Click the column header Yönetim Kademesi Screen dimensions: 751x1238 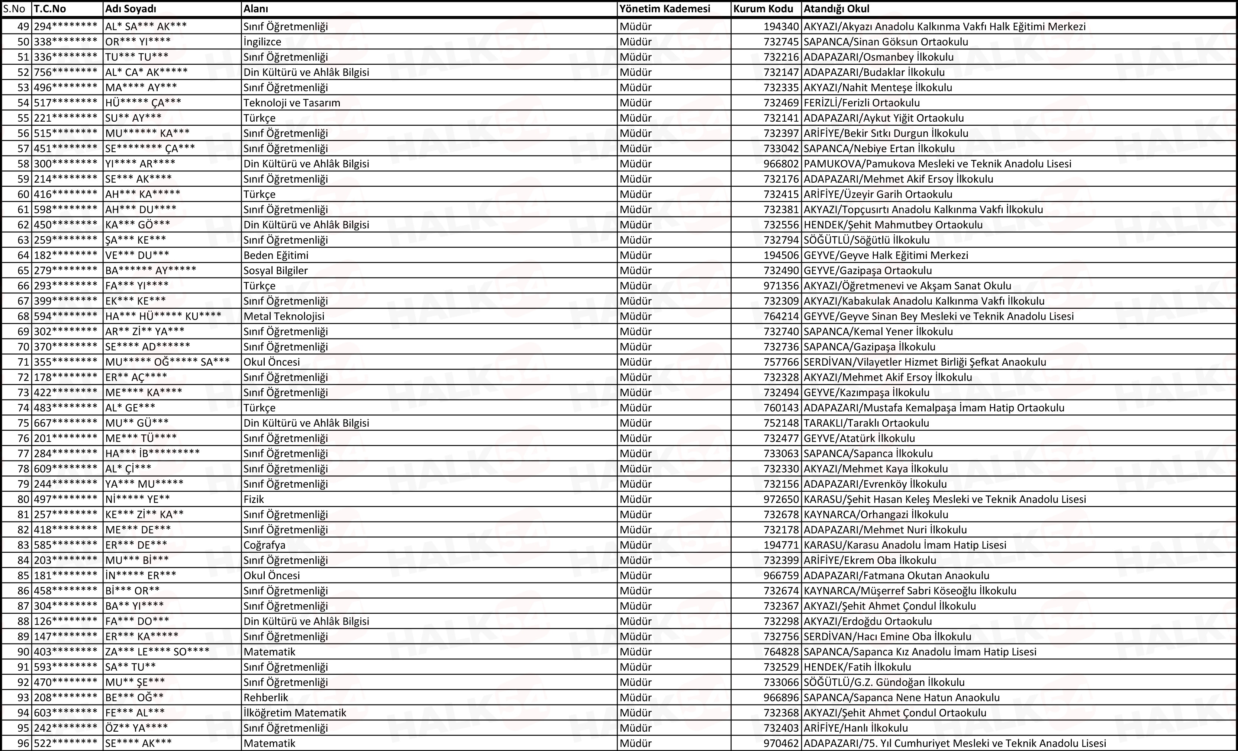665,9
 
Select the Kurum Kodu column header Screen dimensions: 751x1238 763,9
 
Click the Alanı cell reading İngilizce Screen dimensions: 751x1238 262,42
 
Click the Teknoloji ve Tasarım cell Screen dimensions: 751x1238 292,103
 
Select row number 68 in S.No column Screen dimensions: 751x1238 23,317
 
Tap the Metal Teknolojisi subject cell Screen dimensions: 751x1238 284,317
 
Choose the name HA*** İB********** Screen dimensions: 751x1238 152,453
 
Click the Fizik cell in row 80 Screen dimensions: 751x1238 254,499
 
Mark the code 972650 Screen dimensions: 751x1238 781,499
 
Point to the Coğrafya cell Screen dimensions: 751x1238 264,545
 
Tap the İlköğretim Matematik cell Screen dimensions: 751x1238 295,713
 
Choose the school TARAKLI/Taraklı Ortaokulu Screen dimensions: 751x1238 866,423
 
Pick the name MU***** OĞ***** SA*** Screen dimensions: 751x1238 167,362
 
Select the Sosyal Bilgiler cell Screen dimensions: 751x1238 275,270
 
